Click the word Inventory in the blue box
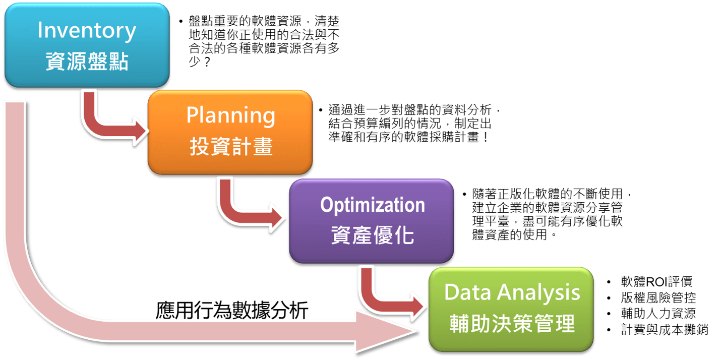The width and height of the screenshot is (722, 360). pyautogui.click(x=87, y=31)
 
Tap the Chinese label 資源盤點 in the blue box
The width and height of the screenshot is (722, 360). pyautogui.click(x=87, y=61)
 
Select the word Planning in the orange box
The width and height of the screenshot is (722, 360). pyautogui.click(x=231, y=116)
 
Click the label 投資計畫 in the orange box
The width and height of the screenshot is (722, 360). pyautogui.click(x=231, y=146)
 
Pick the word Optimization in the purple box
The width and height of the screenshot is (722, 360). pyautogui.click(x=372, y=206)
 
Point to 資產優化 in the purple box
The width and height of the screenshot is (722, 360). pyautogui.click(x=372, y=235)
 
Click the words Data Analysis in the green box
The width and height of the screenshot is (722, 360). pyautogui.click(x=512, y=292)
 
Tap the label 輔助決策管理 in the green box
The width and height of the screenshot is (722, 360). pyautogui.click(x=512, y=323)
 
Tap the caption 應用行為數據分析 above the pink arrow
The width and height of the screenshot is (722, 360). pyautogui.click(x=232, y=311)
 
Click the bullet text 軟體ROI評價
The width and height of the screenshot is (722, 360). pyautogui.click(x=656, y=281)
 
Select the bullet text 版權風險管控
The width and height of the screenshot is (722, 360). pyautogui.click(x=658, y=297)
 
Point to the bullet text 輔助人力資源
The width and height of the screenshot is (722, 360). pyautogui.click(x=658, y=313)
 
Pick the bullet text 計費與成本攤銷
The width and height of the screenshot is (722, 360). pyautogui.click(x=665, y=329)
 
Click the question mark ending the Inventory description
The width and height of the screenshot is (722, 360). pyautogui.click(x=207, y=62)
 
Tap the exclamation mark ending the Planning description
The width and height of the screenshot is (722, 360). pyautogui.click(x=486, y=138)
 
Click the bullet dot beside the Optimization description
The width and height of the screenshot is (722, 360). pyautogui.click(x=464, y=194)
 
